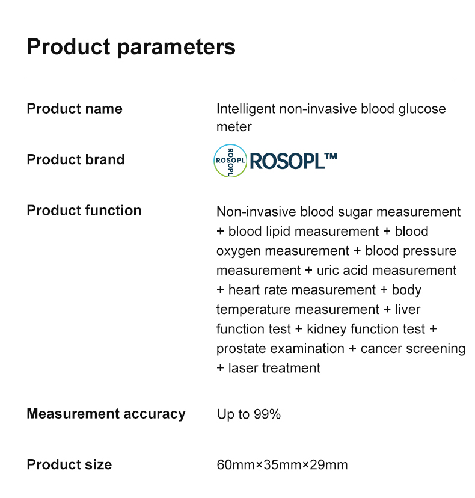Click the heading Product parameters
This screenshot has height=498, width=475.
(x=131, y=47)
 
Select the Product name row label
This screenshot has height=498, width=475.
(x=75, y=109)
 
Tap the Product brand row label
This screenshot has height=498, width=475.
(x=76, y=159)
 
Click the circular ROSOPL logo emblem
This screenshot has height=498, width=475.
(x=230, y=161)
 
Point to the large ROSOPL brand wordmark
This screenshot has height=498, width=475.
(x=287, y=161)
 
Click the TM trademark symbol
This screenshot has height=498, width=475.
(x=331, y=156)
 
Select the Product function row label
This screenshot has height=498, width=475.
(x=84, y=211)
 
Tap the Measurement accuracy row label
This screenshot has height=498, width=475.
(x=106, y=414)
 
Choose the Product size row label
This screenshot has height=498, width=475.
(x=70, y=464)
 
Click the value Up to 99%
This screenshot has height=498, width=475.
(x=249, y=414)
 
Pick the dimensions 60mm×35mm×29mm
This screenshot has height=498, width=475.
(x=282, y=465)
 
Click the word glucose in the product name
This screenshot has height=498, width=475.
(x=422, y=109)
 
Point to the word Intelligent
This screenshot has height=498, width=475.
(x=246, y=109)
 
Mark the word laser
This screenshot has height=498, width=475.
(x=243, y=368)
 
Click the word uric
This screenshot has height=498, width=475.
(x=328, y=271)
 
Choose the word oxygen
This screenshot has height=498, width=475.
(x=239, y=251)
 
